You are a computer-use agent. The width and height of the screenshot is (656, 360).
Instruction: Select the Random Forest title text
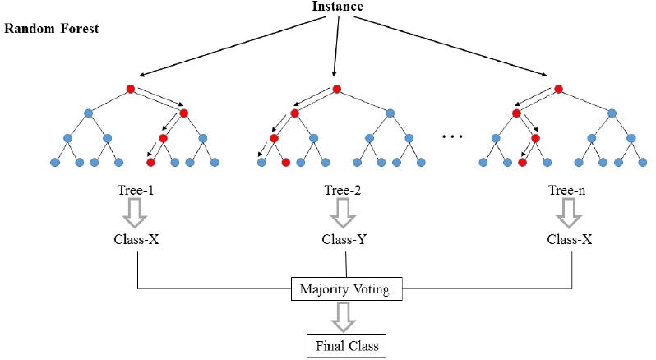(52, 28)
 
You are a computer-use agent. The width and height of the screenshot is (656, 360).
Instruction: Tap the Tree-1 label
(136, 191)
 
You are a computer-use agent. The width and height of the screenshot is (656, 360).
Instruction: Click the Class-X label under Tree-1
(136, 241)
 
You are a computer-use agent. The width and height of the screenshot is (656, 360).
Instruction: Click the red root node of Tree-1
(130, 89)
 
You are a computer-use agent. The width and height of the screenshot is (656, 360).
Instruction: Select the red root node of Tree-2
(335, 89)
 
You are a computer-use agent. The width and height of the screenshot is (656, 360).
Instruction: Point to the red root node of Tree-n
(559, 89)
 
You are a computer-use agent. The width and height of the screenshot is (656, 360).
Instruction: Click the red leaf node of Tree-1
(150, 162)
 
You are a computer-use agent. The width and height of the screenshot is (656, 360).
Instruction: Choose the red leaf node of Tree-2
(285, 162)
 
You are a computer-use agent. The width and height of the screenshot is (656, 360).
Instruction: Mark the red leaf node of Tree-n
(522, 162)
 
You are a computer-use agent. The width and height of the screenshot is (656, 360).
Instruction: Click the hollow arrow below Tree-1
(136, 215)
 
